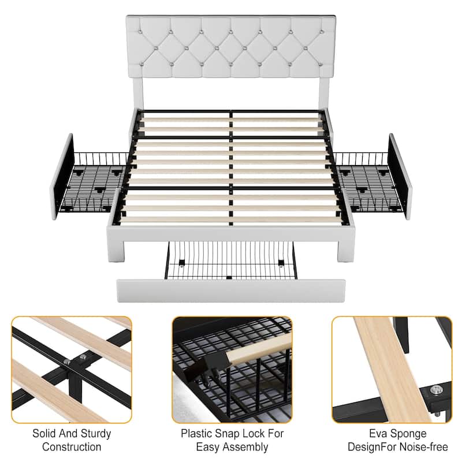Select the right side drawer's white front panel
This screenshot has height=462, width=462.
(x=400, y=176)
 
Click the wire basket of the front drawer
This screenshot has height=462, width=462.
(x=231, y=260)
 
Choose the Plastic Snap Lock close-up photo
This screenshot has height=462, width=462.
(x=231, y=370)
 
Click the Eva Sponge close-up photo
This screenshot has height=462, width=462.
(x=392, y=370)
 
